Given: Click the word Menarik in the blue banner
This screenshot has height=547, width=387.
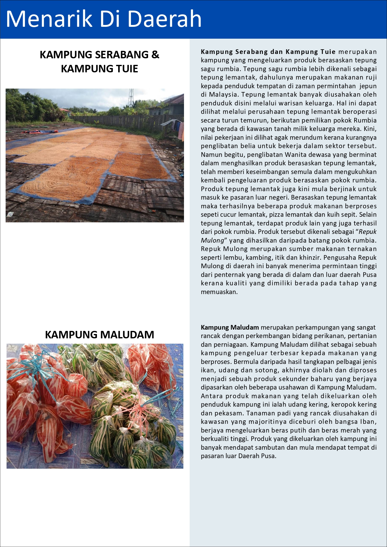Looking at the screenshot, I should click(x=49, y=19).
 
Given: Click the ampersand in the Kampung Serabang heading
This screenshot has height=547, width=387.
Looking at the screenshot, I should click(x=155, y=55).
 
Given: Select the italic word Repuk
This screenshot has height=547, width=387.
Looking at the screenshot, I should click(x=368, y=232).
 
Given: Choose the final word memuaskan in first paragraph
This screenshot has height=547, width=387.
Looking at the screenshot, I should click(x=219, y=292).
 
